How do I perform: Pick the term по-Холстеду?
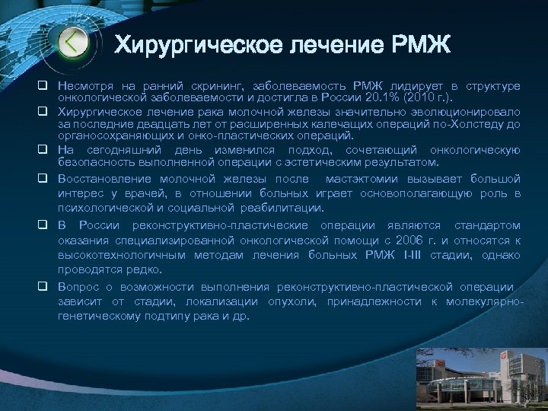pyautogui.click(x=476, y=125)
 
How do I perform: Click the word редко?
pyautogui.click(x=141, y=269)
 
